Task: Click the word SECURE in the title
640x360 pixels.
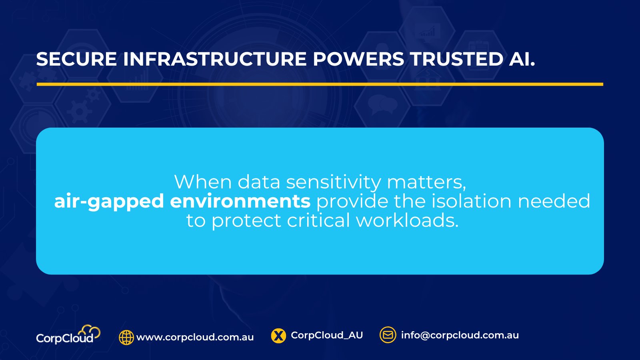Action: point(76,59)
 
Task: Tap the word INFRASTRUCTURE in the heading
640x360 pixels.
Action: point(215,59)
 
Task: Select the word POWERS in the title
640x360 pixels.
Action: point(358,59)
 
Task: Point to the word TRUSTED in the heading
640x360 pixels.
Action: point(457,59)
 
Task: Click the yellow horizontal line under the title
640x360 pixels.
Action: point(320,84)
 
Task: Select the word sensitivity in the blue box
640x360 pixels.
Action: point(334,182)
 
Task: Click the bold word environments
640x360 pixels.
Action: point(240,201)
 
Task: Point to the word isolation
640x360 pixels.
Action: point(472,201)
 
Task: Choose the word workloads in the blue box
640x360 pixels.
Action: point(407,220)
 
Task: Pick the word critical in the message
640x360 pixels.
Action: point(318,220)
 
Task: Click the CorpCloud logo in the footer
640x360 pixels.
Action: point(68,334)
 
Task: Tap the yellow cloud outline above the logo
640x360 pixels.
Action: point(90,332)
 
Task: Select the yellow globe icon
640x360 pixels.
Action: point(126,338)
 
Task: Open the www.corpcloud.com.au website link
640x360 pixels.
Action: point(195,338)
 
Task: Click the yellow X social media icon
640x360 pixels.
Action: point(278,336)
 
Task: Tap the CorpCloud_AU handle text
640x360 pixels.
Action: point(327,336)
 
